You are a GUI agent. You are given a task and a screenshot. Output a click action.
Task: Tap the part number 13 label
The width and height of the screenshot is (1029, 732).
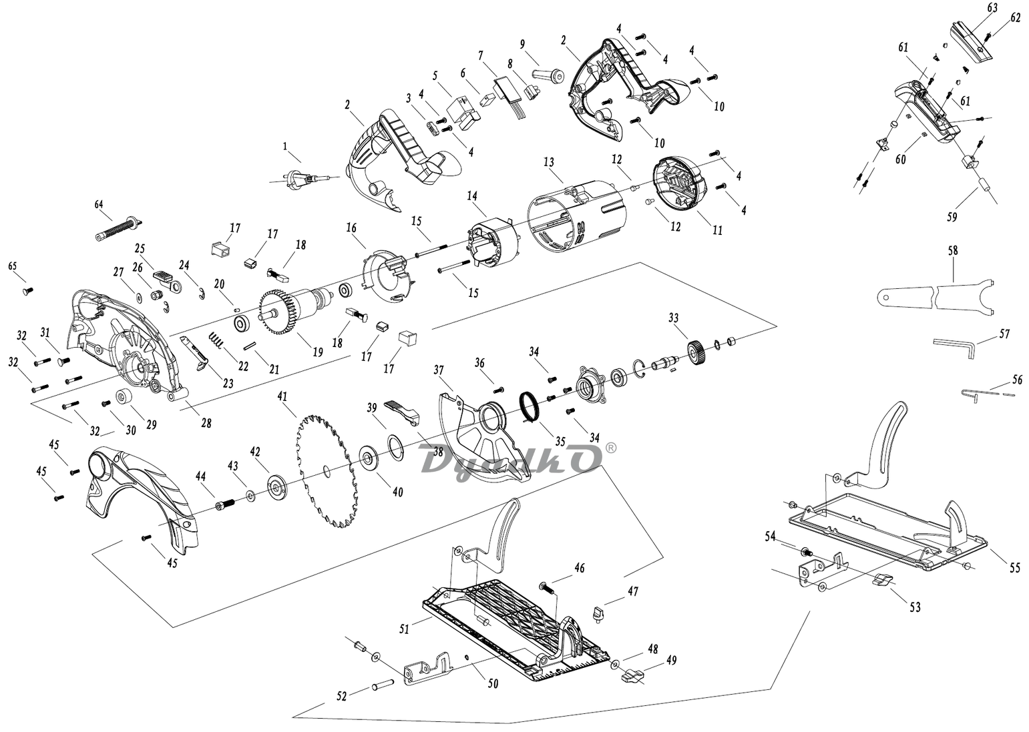click(x=548, y=162)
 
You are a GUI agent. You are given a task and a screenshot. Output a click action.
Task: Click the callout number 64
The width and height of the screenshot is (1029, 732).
click(x=99, y=205)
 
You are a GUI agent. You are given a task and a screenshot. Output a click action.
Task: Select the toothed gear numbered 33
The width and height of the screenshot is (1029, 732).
click(x=698, y=352)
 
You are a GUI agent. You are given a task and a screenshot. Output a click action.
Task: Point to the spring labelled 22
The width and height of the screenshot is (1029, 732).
click(x=216, y=340)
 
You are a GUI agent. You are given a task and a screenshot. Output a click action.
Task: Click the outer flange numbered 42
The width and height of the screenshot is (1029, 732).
click(x=277, y=486)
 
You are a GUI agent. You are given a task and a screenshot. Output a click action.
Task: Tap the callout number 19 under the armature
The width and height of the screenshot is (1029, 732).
click(x=318, y=352)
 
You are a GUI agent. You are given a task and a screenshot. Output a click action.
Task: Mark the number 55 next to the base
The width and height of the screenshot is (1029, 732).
click(x=1014, y=568)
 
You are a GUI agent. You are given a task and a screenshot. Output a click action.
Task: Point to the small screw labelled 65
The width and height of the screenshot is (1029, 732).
click(x=27, y=290)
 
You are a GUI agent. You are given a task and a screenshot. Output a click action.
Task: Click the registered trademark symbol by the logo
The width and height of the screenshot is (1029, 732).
click(x=610, y=448)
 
